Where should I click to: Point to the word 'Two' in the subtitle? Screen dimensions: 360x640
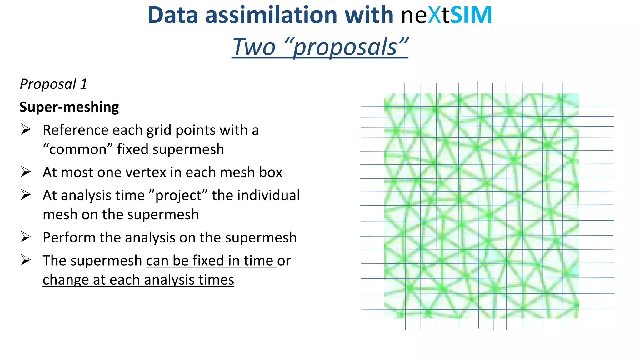[x=253, y=47]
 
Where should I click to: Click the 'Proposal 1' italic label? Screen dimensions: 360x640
[x=53, y=84]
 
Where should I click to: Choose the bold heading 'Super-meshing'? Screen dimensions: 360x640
[x=69, y=107]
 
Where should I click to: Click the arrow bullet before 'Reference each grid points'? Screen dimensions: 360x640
[x=26, y=129]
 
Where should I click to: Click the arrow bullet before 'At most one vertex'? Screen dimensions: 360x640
[x=26, y=172]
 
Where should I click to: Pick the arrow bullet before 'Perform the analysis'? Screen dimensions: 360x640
[x=26, y=237]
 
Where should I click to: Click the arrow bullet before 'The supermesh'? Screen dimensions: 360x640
[x=26, y=260]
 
